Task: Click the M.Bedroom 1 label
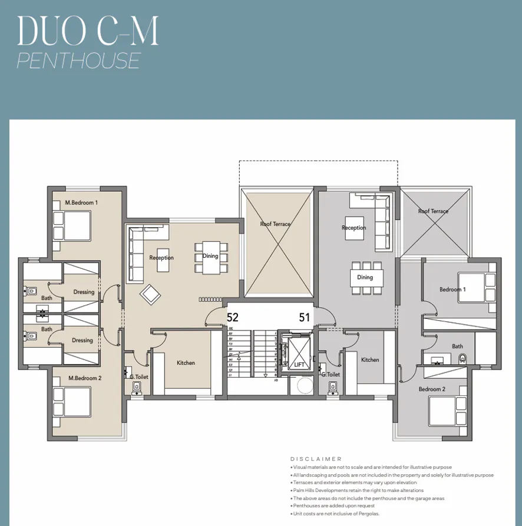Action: tap(81, 202)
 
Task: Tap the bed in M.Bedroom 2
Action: tap(72, 402)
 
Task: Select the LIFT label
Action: tap(300, 365)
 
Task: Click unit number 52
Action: tap(233, 318)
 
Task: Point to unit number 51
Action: tap(304, 318)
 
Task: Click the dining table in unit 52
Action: tap(210, 257)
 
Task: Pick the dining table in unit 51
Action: tap(365, 278)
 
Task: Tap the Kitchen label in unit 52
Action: tap(186, 363)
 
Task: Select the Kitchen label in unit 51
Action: tap(370, 359)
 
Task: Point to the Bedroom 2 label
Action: tap(432, 389)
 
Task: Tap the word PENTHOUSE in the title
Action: tap(78, 61)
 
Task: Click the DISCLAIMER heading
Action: tap(316, 459)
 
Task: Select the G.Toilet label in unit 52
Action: tap(138, 376)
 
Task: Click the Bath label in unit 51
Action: tap(457, 347)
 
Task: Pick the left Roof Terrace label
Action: tap(275, 224)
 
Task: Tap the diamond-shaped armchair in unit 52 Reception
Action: tap(150, 294)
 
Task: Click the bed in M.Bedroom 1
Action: tap(72, 225)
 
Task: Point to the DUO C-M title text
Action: tap(88, 31)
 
